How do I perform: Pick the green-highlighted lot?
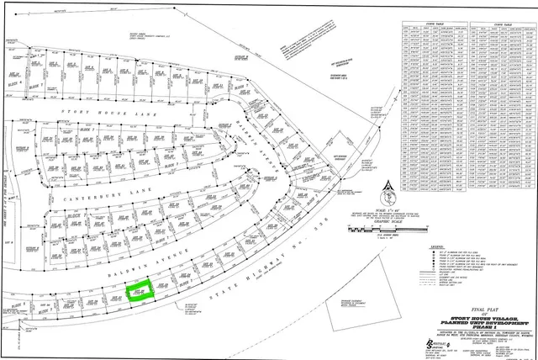140,291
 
